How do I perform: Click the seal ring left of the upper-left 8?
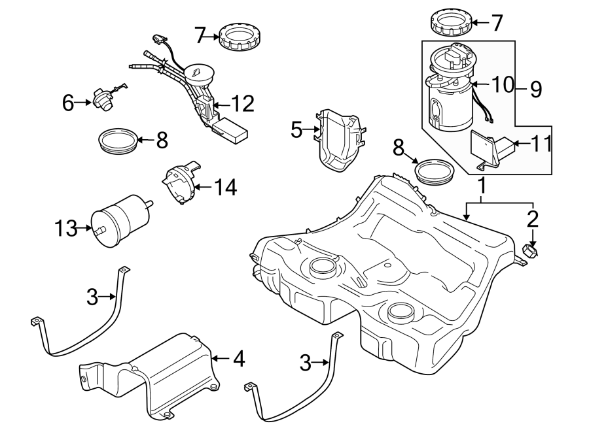tap(118, 141)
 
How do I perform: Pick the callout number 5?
tap(296, 130)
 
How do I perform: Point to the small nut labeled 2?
tap(532, 252)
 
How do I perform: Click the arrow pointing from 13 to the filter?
tap(84, 228)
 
